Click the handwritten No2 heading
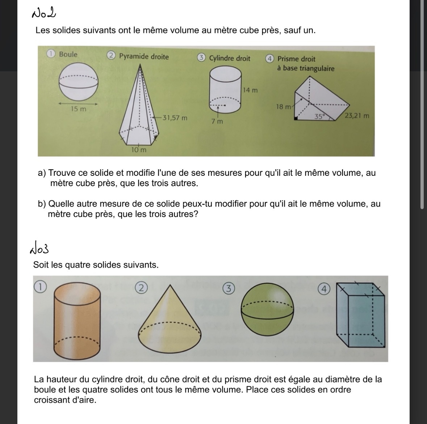click(x=44, y=14)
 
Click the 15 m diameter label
click(x=78, y=109)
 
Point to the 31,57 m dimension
click(x=175, y=118)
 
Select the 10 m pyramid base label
click(x=139, y=150)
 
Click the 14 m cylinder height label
click(x=250, y=90)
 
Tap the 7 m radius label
click(x=217, y=122)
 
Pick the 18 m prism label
click(x=284, y=107)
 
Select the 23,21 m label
click(x=357, y=116)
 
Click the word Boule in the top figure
click(x=68, y=54)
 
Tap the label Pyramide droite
click(x=144, y=56)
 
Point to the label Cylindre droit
click(x=230, y=58)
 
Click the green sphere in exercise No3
click(x=267, y=310)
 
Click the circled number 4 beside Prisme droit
click(x=269, y=59)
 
